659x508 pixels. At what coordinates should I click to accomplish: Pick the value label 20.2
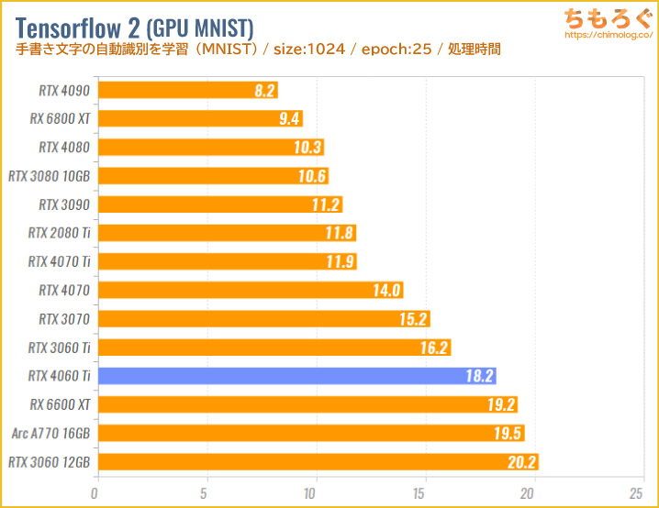(x=520, y=462)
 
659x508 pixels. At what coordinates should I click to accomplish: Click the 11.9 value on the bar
(x=340, y=261)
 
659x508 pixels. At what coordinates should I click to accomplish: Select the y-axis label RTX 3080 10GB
(x=49, y=175)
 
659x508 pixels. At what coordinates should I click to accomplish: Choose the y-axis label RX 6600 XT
(x=59, y=404)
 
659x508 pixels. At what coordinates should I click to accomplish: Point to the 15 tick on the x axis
(x=424, y=493)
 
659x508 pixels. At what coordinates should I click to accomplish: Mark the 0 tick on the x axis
(x=95, y=493)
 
